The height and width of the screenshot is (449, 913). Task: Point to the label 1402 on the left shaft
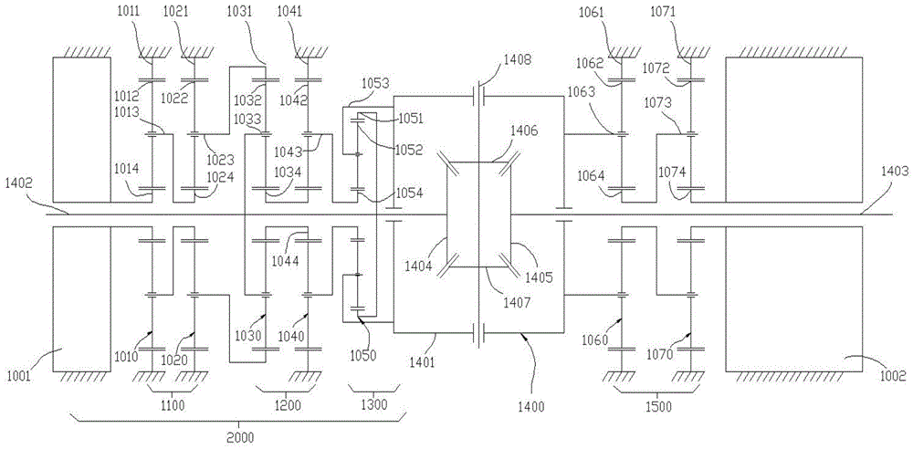click(x=21, y=183)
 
